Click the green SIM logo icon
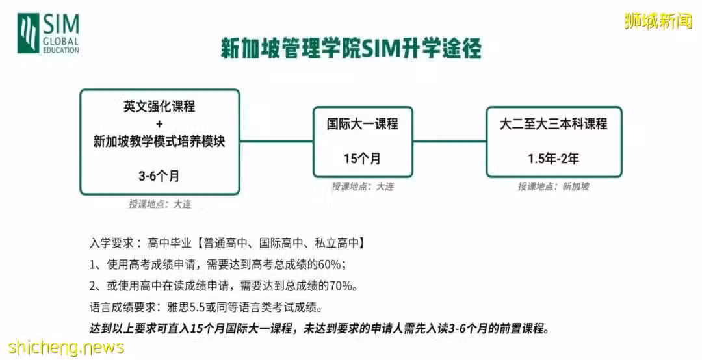point(28,33)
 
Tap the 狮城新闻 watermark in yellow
point(658,21)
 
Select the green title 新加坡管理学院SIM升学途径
point(351,48)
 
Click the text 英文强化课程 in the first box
point(159,107)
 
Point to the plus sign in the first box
point(160,124)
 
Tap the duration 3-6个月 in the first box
point(159,176)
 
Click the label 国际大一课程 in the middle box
point(363,123)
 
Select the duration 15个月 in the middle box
point(362,159)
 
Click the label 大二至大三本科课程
point(553,123)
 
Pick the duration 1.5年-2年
point(553,159)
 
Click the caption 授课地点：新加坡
point(554,186)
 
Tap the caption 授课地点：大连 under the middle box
point(363,186)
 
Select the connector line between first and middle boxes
point(276,142)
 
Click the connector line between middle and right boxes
point(450,142)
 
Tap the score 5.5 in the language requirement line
point(197,307)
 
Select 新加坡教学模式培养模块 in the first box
point(159,142)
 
